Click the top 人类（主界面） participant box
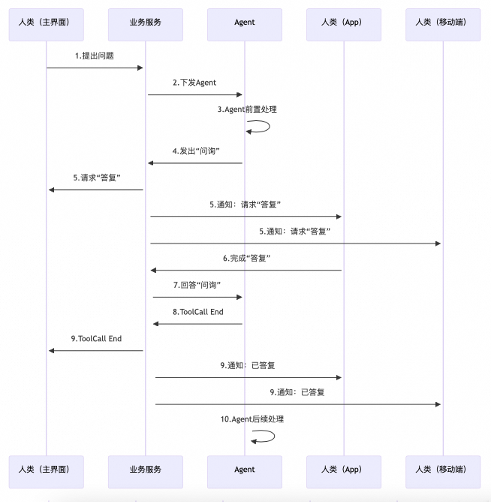tap(46, 23)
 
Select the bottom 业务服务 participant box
tap(146, 470)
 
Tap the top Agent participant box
tap(245, 23)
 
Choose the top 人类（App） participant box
tap(344, 23)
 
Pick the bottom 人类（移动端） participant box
tap(442, 470)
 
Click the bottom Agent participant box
tap(245, 470)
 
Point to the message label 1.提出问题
tap(95, 56)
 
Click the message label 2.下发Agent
tap(194, 83)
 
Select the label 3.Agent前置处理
tap(247, 110)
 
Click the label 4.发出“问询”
tap(196, 151)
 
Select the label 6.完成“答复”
tap(246, 259)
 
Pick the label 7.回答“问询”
tap(197, 286)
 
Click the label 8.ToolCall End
tap(197, 312)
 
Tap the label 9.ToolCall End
tap(96, 339)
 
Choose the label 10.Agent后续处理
tap(252, 419)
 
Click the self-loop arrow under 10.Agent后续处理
tap(264, 436)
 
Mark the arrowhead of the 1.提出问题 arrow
tap(140, 68)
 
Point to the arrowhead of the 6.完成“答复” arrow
tap(153, 270)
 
